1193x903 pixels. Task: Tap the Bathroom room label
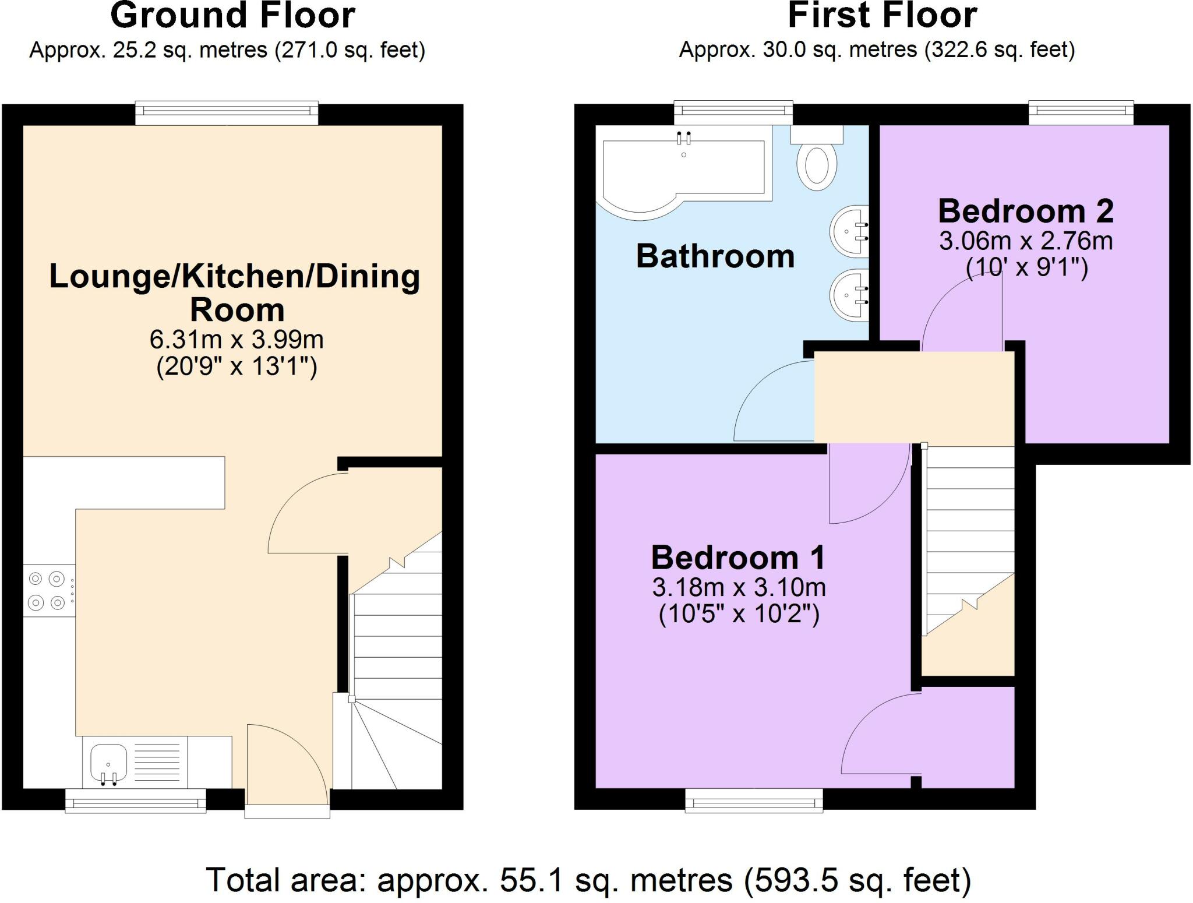(715, 256)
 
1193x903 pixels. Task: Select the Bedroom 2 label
(1026, 211)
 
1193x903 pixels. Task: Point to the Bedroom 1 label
(739, 558)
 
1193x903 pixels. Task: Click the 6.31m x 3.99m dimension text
(237, 339)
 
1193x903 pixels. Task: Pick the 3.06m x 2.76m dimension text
(1026, 241)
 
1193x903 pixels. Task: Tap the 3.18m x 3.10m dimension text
(739, 587)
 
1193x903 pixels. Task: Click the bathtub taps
(683, 139)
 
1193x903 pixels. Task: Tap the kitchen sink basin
(108, 763)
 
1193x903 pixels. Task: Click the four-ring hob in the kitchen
(50, 590)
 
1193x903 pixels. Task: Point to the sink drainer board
(157, 763)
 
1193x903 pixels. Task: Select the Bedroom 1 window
(754, 800)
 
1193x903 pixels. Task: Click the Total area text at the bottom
(589, 880)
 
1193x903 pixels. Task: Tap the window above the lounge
(227, 113)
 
